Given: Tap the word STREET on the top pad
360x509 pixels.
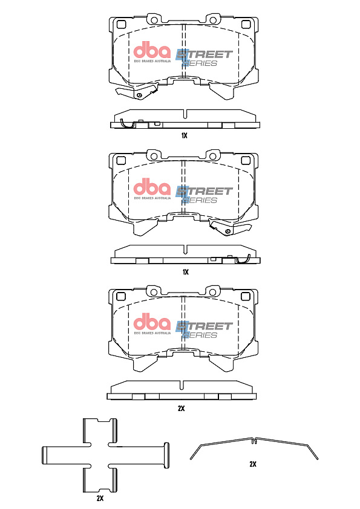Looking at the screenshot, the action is tap(205, 54).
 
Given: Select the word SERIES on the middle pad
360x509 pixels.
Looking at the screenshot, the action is tap(200, 200).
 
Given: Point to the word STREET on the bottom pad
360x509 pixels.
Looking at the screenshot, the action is tap(205, 326).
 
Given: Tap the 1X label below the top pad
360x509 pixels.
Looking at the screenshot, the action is tap(184, 135).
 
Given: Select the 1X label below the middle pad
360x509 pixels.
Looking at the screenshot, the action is tap(186, 272).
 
